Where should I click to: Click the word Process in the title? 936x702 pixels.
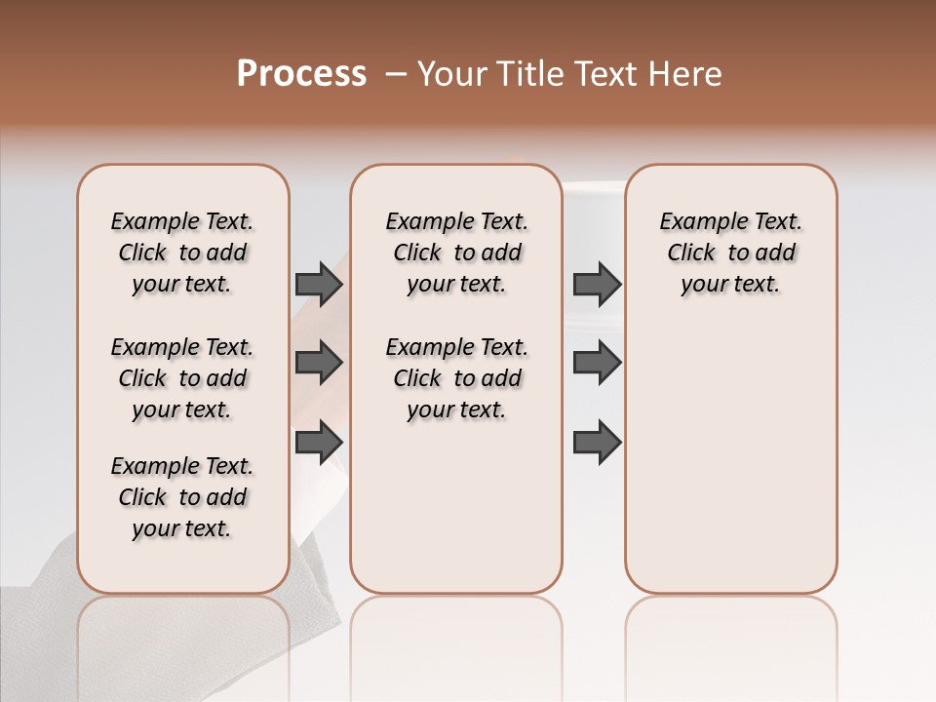301,73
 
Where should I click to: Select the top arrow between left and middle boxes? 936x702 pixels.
319,285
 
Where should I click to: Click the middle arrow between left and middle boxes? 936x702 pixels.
319,364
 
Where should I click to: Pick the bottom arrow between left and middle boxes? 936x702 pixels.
319,443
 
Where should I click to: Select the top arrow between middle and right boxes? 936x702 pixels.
597,285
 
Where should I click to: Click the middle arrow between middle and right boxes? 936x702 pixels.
597,364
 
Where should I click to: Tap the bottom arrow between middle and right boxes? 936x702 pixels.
597,443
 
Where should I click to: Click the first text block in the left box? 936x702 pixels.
182,253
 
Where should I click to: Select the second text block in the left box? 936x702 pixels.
182,378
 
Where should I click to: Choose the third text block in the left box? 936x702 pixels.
182,497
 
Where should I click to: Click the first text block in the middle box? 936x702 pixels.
456,253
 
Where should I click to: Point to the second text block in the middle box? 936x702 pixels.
456,378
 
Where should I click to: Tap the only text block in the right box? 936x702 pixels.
730,253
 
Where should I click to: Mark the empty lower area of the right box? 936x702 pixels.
730,458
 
